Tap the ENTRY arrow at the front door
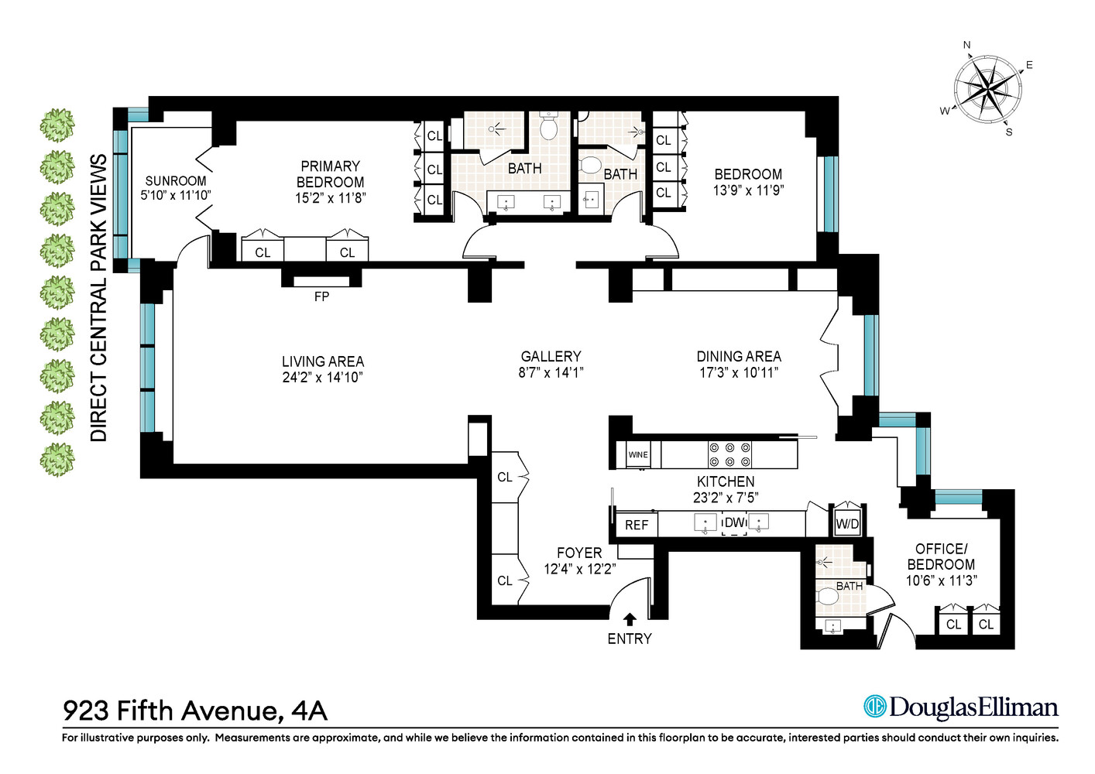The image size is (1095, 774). pyautogui.click(x=630, y=619)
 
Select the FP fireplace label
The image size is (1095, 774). pyautogui.click(x=321, y=296)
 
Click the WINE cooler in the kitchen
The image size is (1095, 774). pyautogui.click(x=638, y=454)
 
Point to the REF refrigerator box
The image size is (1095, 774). pyautogui.click(x=637, y=525)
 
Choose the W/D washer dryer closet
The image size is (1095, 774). pyautogui.click(x=847, y=524)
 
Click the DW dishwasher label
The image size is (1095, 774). pyautogui.click(x=734, y=523)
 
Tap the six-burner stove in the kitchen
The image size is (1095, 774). pyautogui.click(x=729, y=454)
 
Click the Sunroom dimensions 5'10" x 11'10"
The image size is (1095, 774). pyautogui.click(x=176, y=195)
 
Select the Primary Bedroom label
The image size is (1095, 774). pyautogui.click(x=331, y=174)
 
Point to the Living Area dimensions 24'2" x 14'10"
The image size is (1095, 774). pyautogui.click(x=322, y=378)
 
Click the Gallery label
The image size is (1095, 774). pyautogui.click(x=551, y=356)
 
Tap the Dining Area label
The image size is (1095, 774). pyautogui.click(x=739, y=356)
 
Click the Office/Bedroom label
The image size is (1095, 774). pyautogui.click(x=941, y=557)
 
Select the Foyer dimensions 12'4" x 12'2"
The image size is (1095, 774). pyautogui.click(x=579, y=570)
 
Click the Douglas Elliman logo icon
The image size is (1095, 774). pyautogui.click(x=874, y=707)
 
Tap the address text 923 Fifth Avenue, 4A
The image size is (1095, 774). pyautogui.click(x=194, y=710)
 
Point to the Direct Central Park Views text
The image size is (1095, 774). pyautogui.click(x=98, y=298)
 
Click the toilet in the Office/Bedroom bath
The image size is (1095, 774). pyautogui.click(x=827, y=597)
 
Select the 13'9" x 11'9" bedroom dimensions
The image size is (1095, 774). pyautogui.click(x=748, y=190)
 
